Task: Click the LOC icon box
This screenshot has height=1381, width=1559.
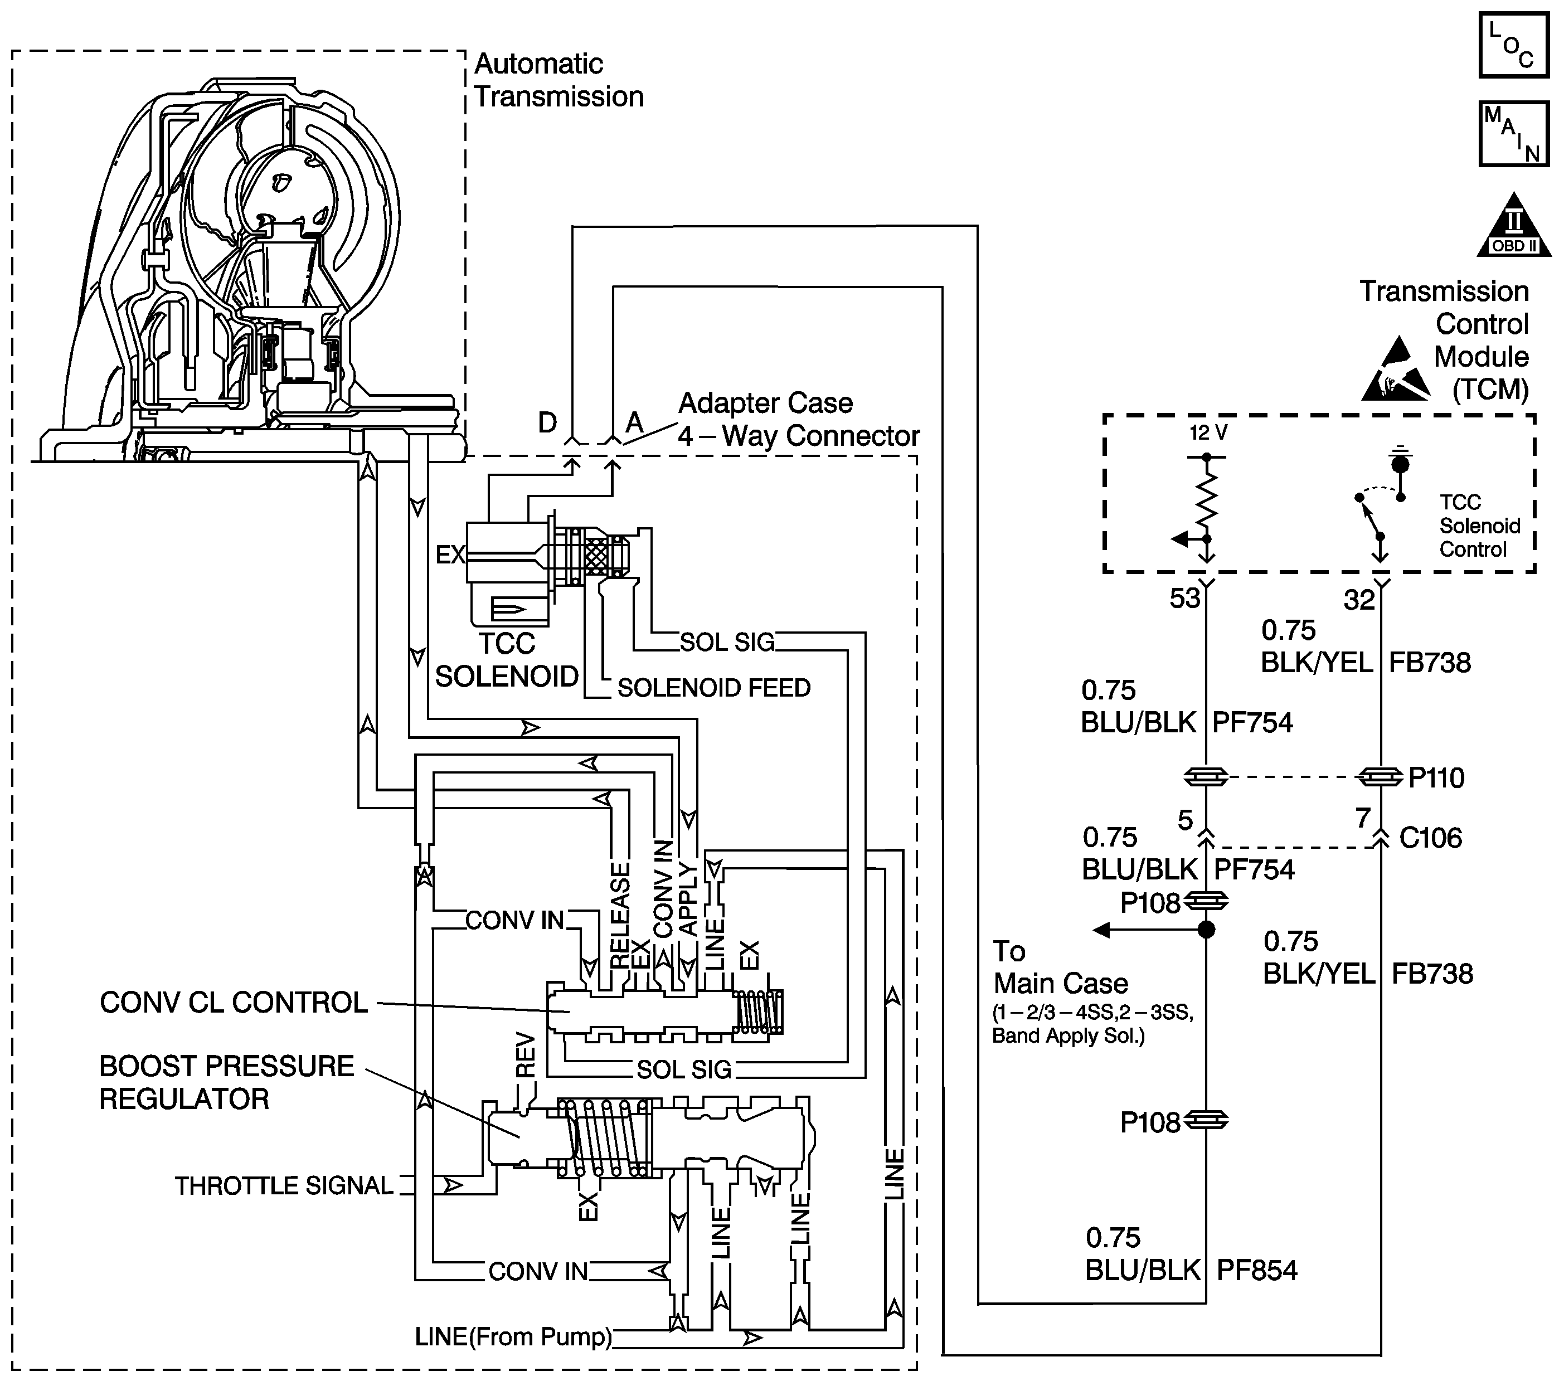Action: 1514,44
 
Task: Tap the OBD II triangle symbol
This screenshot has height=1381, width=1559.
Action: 1514,225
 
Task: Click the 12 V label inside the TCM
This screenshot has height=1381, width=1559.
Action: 1209,433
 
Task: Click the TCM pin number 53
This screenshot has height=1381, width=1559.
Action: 1184,599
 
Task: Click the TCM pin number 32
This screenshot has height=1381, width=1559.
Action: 1358,600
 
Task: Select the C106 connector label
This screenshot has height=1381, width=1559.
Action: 1431,838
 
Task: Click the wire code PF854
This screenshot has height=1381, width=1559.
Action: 1257,1271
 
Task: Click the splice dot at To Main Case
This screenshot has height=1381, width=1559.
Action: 1206,930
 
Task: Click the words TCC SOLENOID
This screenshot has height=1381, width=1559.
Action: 507,660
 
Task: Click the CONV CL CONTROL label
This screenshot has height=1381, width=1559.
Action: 234,1003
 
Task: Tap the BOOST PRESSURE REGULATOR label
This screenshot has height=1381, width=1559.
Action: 226,1083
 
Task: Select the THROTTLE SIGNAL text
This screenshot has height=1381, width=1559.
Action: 284,1186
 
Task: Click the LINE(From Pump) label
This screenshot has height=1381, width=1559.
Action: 514,1337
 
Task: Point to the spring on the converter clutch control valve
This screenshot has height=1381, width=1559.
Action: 758,1012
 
